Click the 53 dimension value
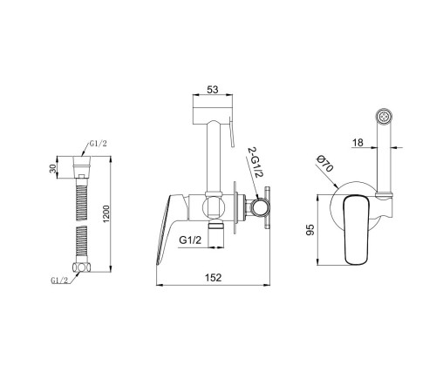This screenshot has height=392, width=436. tap(213, 90)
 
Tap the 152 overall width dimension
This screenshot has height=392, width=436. tap(214, 278)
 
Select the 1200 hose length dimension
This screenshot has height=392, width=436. tap(106, 214)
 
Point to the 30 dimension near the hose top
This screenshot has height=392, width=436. tap(53, 168)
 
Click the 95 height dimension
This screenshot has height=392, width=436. tap(310, 229)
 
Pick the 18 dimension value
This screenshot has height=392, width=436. tap(358, 143)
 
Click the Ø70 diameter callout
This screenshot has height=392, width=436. tap(324, 163)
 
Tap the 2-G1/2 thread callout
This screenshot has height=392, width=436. tap(255, 163)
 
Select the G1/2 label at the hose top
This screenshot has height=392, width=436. tap(99, 144)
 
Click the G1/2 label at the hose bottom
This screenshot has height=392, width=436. tap(59, 280)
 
